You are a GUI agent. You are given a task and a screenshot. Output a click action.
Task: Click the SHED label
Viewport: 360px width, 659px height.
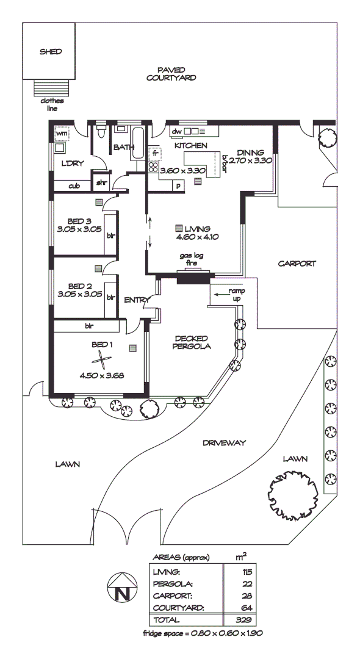[x=51, y=52]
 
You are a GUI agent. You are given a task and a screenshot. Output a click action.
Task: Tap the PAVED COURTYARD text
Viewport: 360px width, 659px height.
[x=171, y=74]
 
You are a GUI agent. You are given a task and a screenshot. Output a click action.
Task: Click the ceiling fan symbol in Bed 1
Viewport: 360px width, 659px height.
[x=103, y=361]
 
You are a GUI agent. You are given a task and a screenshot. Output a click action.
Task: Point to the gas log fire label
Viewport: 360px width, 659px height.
[x=190, y=260]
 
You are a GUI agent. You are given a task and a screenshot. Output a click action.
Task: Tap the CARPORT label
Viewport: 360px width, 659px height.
[x=297, y=264]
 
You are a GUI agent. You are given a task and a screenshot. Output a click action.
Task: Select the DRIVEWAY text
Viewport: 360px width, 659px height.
[x=224, y=443]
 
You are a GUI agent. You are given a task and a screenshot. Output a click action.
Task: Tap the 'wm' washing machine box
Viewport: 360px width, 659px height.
[x=62, y=132]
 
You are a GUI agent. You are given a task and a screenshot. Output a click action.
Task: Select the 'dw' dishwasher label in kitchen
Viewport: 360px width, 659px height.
[x=176, y=131]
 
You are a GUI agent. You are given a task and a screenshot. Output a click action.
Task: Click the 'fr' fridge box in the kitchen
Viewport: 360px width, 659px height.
[x=155, y=154]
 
